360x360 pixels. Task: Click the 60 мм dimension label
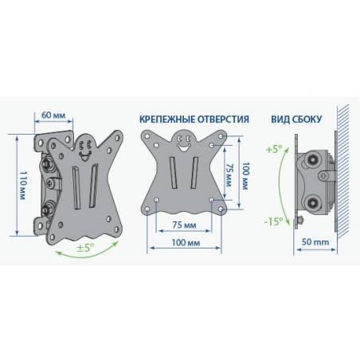[x=53, y=115]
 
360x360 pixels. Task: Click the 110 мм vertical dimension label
[x=23, y=186]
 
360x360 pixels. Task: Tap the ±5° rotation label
[x=85, y=248]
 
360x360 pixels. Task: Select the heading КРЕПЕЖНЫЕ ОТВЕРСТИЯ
[x=194, y=119]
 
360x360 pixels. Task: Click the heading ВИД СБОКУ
[x=296, y=119]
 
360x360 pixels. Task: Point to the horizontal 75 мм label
[x=184, y=225]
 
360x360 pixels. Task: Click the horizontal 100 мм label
[x=186, y=243]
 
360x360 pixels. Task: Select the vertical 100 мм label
[x=246, y=176]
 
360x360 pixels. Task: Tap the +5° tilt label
[x=274, y=149]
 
